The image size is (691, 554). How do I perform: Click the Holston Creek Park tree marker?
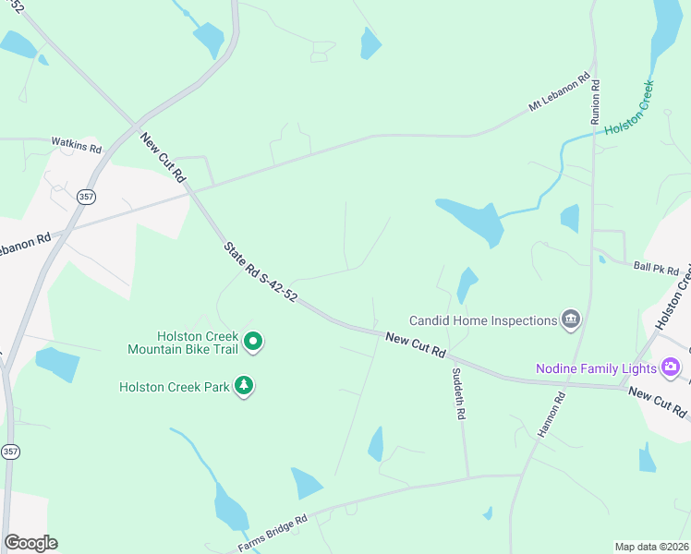[x=244, y=385]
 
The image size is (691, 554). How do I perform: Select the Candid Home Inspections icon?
[x=571, y=320]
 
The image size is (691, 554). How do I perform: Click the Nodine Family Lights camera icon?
[x=671, y=368]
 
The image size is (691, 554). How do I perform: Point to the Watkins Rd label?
[x=75, y=143]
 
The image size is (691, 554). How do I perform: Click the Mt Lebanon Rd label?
[x=559, y=94]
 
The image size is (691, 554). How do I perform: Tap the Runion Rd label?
[x=596, y=102]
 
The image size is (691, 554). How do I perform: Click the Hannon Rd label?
[x=551, y=415]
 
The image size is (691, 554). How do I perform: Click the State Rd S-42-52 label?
[x=260, y=274]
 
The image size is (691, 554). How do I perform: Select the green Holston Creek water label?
[x=630, y=110]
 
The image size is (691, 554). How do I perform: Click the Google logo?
[x=30, y=543]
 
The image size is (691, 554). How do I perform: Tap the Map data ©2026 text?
[x=652, y=547]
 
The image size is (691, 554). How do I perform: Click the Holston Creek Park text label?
[x=174, y=386]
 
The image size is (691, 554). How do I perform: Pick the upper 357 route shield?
[x=86, y=197]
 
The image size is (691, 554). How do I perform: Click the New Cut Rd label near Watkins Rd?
[x=164, y=157]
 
